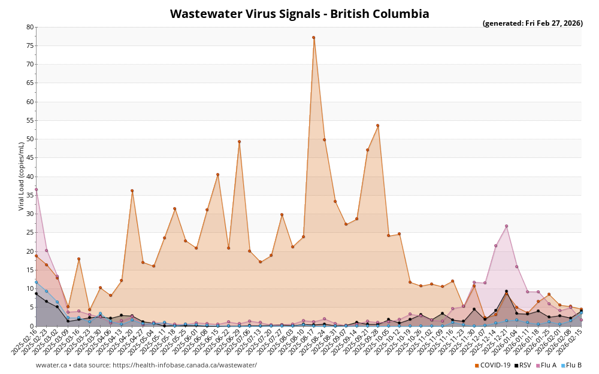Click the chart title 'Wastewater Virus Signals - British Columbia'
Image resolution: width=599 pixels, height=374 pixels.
click(x=299, y=14)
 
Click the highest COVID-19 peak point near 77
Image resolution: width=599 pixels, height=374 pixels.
click(x=313, y=38)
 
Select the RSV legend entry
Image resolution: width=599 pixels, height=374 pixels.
click(x=522, y=365)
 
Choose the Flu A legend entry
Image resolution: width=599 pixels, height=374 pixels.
click(x=546, y=365)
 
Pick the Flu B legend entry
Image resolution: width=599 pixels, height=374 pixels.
click(x=571, y=365)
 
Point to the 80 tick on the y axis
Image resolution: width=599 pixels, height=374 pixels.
click(x=30, y=27)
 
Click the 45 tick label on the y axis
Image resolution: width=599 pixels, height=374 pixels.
click(x=30, y=158)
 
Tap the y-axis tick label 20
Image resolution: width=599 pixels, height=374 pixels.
click(x=30, y=251)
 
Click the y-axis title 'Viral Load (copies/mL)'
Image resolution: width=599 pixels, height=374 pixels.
click(x=22, y=177)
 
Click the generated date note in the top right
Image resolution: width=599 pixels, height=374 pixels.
click(x=533, y=23)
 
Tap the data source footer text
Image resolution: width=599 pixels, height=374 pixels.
click(x=146, y=365)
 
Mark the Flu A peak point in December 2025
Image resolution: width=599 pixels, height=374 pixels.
click(x=506, y=226)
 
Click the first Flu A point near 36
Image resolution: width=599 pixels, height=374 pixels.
click(x=36, y=190)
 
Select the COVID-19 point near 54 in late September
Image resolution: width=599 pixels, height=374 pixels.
click(x=377, y=126)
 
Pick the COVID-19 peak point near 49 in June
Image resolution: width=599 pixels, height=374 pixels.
click(x=239, y=142)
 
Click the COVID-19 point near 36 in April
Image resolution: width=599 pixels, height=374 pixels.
click(x=132, y=191)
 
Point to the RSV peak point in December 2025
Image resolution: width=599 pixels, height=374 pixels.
click(x=506, y=291)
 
